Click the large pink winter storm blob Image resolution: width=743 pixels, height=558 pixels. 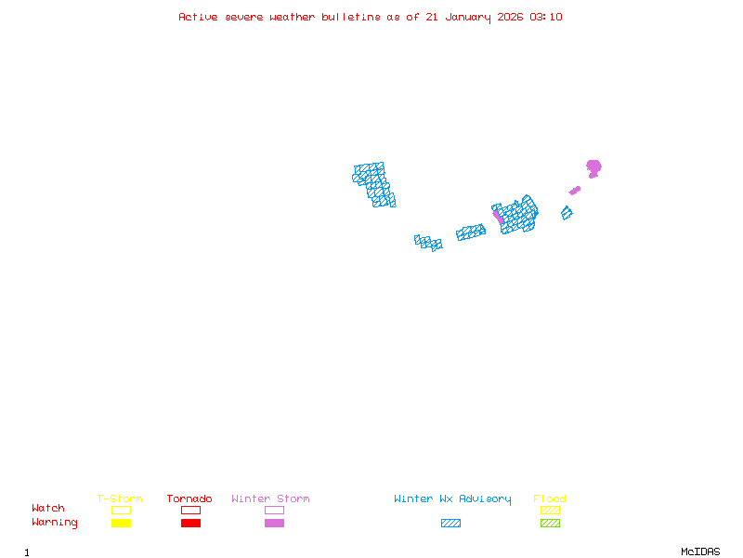point(593,167)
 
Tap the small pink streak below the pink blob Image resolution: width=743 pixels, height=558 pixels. point(575,191)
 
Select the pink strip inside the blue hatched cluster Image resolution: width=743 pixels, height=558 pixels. point(498,217)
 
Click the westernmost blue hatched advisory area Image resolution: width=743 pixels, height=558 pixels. point(373,184)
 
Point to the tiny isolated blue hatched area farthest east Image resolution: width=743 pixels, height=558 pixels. point(567,213)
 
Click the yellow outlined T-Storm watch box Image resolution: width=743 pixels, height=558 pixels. point(121,510)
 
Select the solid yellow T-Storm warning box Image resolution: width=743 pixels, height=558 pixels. point(121,524)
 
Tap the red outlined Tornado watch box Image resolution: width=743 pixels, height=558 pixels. point(190,510)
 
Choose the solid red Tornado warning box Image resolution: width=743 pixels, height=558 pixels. point(190,524)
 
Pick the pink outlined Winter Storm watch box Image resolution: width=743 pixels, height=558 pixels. point(274,510)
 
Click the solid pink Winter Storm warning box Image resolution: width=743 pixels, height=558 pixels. point(274,524)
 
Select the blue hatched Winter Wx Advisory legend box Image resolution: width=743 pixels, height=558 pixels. point(450,524)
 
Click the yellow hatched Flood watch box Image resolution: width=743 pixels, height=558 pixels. point(550,510)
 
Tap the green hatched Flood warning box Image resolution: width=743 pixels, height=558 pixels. point(550,524)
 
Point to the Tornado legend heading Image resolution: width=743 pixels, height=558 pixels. point(189,499)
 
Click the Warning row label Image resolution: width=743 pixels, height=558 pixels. point(55,523)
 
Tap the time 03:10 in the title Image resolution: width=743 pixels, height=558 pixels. point(545,17)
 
